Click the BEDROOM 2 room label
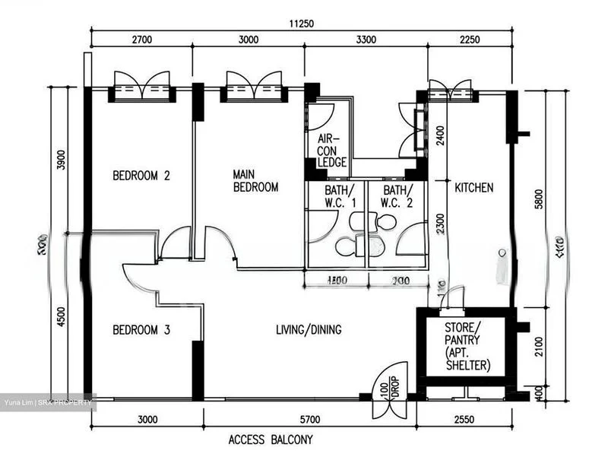[141, 176]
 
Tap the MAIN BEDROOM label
[255, 180]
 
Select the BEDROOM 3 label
[141, 330]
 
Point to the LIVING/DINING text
[308, 330]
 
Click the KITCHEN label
[473, 187]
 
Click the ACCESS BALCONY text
[270, 440]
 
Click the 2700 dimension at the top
[143, 40]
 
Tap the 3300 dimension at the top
[366, 40]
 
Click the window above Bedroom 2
[141, 87]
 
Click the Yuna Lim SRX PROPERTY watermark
[47, 402]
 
